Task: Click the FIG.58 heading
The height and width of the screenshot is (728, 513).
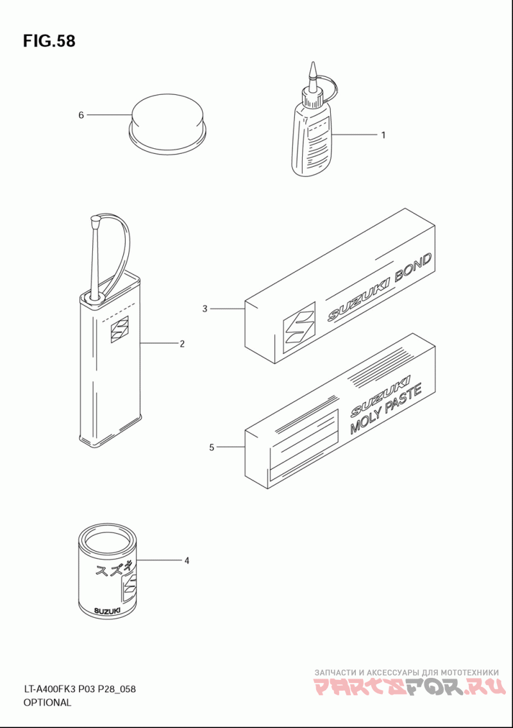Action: pyautogui.click(x=49, y=42)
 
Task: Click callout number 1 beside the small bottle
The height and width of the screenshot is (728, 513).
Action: pyautogui.click(x=383, y=135)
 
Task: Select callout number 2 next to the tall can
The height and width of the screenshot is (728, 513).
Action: pyautogui.click(x=182, y=344)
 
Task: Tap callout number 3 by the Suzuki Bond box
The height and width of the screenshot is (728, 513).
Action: pyautogui.click(x=205, y=309)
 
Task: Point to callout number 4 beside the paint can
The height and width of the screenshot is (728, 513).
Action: pyautogui.click(x=187, y=561)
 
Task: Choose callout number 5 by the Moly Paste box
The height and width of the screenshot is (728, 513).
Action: pyautogui.click(x=211, y=448)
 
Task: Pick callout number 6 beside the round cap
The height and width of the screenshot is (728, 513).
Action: pyautogui.click(x=81, y=115)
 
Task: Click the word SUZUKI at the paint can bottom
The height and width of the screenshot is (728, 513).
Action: pyautogui.click(x=106, y=610)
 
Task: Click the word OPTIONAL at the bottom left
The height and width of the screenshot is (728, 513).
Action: pyautogui.click(x=47, y=702)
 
